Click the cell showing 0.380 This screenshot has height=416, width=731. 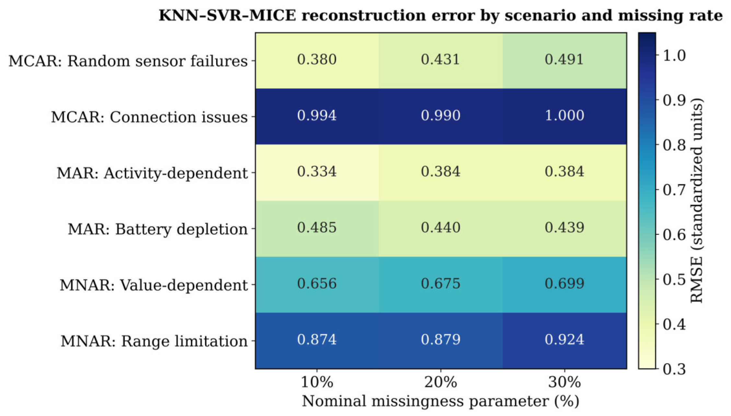(317, 61)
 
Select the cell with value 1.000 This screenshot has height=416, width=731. (564, 117)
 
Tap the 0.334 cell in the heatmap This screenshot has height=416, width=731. (317, 173)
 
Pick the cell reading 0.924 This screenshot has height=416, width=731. (564, 341)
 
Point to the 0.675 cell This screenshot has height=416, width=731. (441, 285)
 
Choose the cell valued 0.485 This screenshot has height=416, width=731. (317, 229)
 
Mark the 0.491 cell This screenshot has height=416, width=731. (564, 61)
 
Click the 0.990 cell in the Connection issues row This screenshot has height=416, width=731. (441, 117)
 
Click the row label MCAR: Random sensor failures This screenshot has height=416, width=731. (128, 61)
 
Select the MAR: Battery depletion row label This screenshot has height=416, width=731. (158, 229)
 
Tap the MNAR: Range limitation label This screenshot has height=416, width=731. (154, 341)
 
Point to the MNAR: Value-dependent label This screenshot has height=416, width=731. (154, 285)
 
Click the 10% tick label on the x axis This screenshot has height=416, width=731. (317, 382)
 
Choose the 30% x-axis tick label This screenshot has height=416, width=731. (564, 382)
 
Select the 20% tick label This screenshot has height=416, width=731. (441, 382)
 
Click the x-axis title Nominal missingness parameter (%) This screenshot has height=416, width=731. (441, 401)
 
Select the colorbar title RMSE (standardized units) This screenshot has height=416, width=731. (697, 201)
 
